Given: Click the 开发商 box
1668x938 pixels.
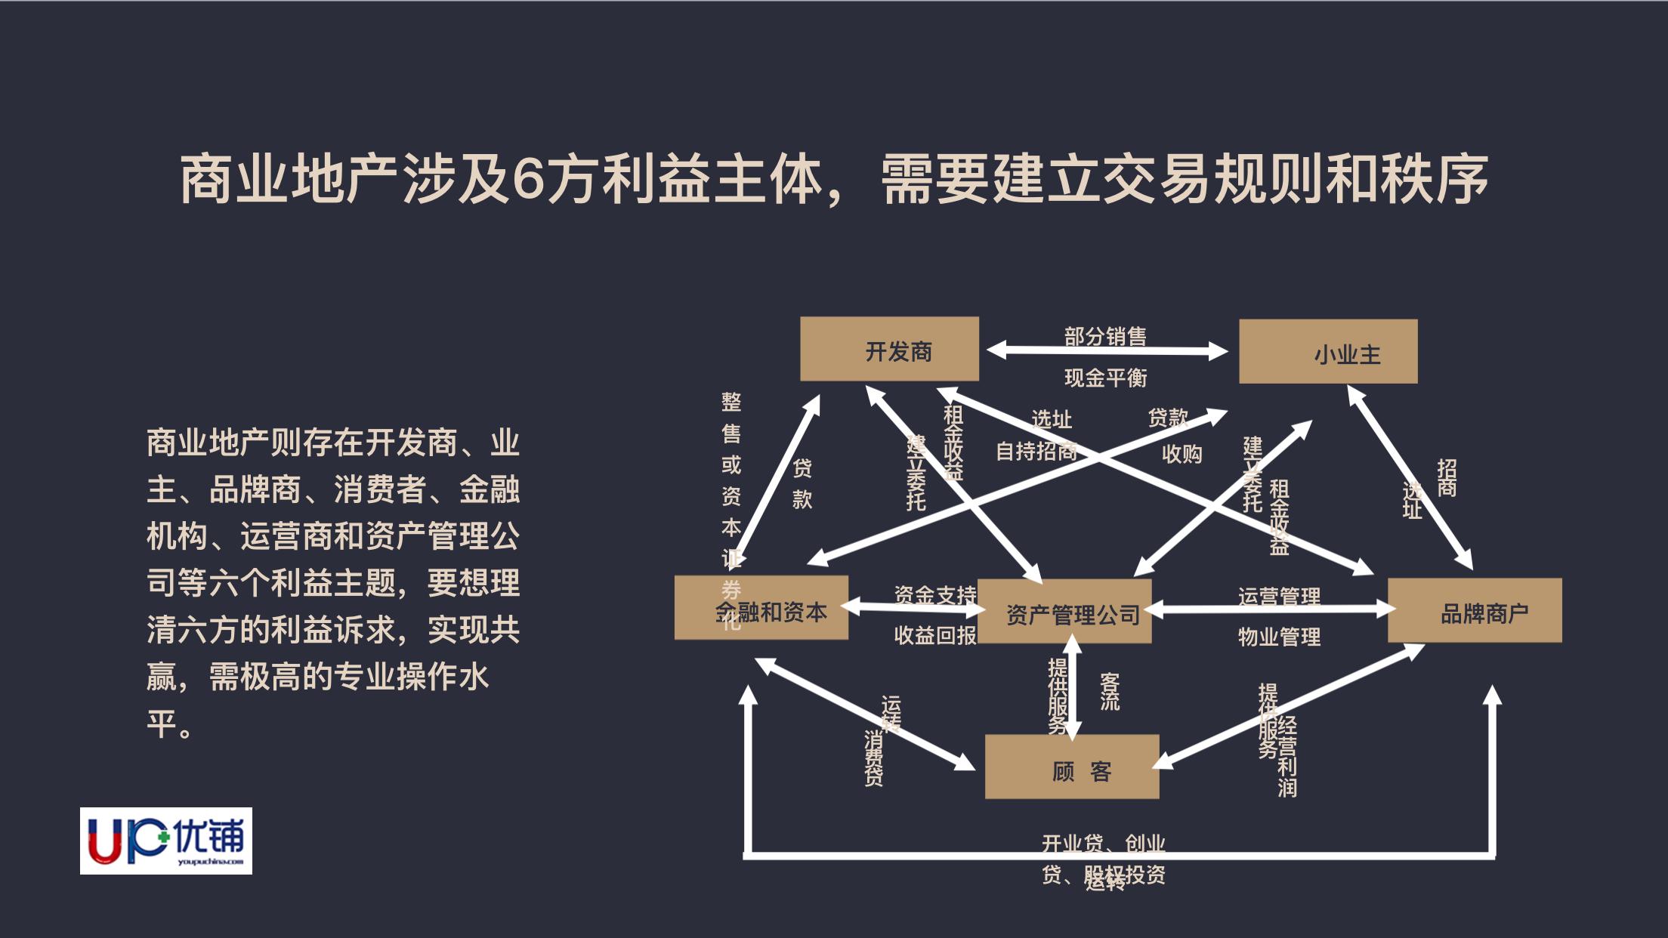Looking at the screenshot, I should (x=889, y=349).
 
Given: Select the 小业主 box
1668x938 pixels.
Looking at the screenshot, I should (x=1328, y=352).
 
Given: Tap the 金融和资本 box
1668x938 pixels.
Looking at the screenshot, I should (x=761, y=609).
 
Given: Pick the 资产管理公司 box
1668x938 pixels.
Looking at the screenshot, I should (x=1064, y=612).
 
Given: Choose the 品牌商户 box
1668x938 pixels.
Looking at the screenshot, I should (x=1475, y=611).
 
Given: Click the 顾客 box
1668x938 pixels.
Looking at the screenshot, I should (x=1072, y=767).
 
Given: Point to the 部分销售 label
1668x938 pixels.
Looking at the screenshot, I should (x=1105, y=335).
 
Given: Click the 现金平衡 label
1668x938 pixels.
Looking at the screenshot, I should (x=1105, y=378).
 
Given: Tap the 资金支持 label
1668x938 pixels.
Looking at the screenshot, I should (x=935, y=595).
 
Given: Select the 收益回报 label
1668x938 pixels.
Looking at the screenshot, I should (x=935, y=636).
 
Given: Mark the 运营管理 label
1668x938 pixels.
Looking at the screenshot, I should (x=1279, y=597).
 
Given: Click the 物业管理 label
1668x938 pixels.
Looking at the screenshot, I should (x=1279, y=637).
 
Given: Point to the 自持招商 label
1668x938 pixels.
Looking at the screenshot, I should (x=1036, y=452).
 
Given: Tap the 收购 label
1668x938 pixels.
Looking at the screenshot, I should (x=1181, y=454).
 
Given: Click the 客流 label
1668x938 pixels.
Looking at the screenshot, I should (x=1110, y=692).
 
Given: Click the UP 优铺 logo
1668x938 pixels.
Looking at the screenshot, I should (x=166, y=841).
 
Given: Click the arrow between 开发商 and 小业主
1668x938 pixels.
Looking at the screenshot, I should (x=1107, y=350).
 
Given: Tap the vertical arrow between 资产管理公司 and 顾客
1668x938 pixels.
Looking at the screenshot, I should (x=1072, y=687).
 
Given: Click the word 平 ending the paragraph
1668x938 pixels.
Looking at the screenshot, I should (x=162, y=724).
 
